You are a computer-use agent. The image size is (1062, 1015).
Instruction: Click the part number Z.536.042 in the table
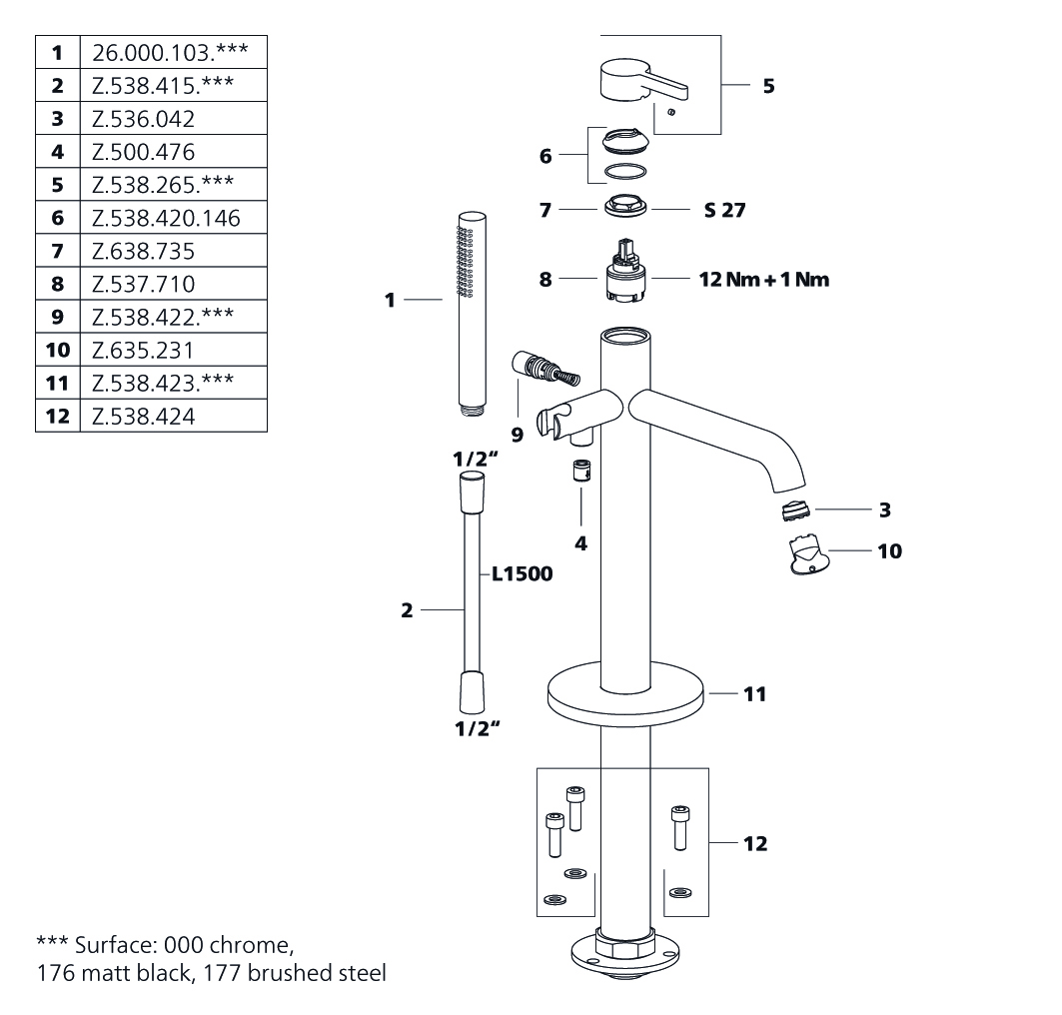coord(143,119)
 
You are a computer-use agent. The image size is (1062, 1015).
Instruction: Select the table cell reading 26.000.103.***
coord(174,52)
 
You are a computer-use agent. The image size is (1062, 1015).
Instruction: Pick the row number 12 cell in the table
coord(58,416)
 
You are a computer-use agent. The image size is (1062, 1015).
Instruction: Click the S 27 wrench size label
coord(724,210)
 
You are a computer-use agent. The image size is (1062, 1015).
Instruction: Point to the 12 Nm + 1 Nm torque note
coord(764,279)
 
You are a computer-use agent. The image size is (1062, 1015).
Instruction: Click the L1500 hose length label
coord(523,573)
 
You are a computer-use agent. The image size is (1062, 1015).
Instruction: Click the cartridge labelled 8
coord(625,270)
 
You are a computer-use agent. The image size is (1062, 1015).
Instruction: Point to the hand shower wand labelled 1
coord(473,314)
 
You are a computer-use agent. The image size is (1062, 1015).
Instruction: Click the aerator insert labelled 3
coord(796,509)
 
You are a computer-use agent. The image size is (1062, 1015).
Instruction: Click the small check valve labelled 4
coord(581,470)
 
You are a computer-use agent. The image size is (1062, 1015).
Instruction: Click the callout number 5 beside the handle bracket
coord(768,86)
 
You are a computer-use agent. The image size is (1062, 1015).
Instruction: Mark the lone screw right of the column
coord(679,827)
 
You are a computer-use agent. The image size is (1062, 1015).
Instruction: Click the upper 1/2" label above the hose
coord(477,460)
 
